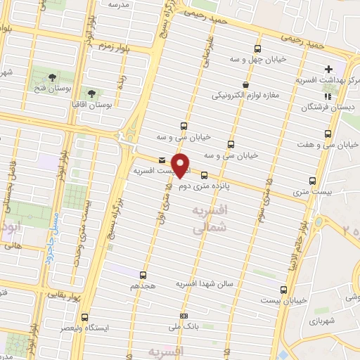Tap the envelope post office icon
(x=162, y=160)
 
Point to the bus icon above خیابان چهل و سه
(x=258, y=49)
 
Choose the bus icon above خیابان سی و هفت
(x=327, y=134)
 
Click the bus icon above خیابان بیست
(x=283, y=289)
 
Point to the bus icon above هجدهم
(x=144, y=275)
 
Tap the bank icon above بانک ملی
(x=184, y=316)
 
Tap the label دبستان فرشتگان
(x=324, y=108)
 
